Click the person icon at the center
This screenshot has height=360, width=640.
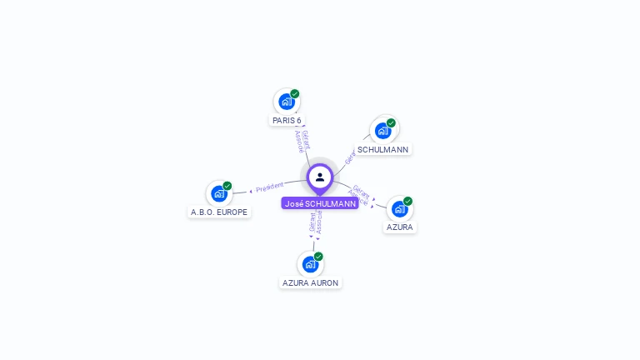click(x=320, y=177)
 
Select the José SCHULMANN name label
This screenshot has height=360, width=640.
click(x=320, y=203)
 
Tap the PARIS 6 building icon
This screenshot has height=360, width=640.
click(x=287, y=102)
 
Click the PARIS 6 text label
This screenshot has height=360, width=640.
click(x=287, y=121)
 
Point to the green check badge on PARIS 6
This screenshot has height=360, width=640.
click(x=295, y=94)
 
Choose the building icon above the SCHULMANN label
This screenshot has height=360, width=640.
click(x=382, y=130)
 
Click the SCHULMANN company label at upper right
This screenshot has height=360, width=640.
click(x=382, y=150)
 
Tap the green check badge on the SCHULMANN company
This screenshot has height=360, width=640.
click(x=391, y=122)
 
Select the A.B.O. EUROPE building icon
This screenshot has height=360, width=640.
click(x=219, y=193)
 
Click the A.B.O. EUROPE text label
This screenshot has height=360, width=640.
click(x=219, y=212)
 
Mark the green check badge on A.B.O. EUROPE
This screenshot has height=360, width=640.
click(x=227, y=186)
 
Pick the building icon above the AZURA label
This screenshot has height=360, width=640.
click(x=399, y=208)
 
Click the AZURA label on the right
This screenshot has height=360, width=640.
click(x=399, y=227)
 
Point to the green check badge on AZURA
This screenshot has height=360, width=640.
click(x=407, y=201)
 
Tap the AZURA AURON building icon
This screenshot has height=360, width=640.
click(x=310, y=264)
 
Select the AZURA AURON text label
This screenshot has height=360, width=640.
click(x=310, y=283)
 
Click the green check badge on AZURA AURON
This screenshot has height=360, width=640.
click(x=318, y=257)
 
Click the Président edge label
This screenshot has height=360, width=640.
click(x=269, y=187)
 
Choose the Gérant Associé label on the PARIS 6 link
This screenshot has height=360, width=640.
click(x=302, y=141)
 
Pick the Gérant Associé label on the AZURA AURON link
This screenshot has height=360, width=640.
click(x=315, y=222)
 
